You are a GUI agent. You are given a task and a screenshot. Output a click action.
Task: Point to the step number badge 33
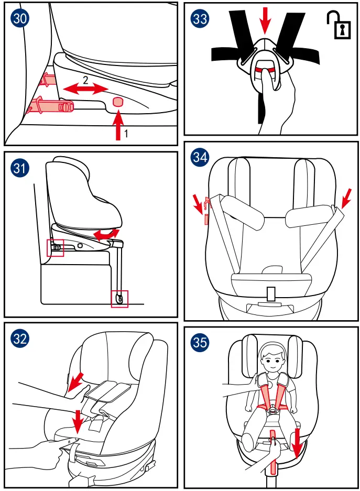(200, 19)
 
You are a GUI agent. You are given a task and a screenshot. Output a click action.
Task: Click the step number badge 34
(200, 157)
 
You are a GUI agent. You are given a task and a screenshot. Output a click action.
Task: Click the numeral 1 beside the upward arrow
(126, 135)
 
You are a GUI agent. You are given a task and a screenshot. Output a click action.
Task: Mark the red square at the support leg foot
(120, 299)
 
